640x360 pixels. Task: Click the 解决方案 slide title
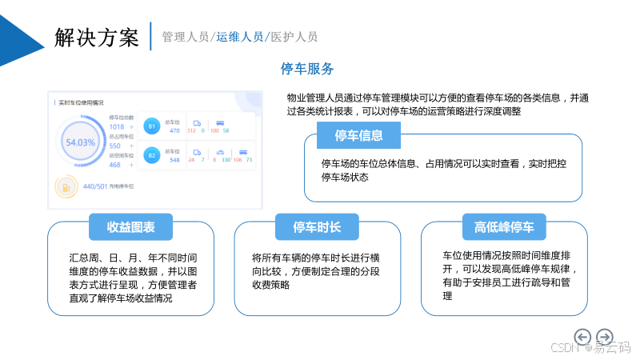(x=97, y=36)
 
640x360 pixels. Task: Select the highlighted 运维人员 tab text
(x=240, y=37)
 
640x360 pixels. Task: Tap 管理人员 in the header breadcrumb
(x=186, y=37)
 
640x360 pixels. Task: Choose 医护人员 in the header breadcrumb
(x=294, y=37)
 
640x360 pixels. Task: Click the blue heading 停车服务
(x=307, y=68)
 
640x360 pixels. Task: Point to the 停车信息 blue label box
(x=358, y=135)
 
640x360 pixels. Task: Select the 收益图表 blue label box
(x=130, y=227)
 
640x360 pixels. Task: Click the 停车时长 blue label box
(x=318, y=227)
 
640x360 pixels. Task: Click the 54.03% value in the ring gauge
(x=80, y=142)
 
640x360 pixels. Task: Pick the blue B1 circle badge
(x=151, y=126)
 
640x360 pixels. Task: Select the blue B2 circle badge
(x=151, y=154)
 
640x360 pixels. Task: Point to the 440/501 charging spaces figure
(x=94, y=186)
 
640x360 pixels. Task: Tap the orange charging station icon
(x=65, y=187)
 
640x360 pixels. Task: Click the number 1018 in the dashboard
(x=116, y=126)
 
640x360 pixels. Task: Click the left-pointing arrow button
(x=583, y=337)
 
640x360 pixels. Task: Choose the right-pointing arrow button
(x=605, y=337)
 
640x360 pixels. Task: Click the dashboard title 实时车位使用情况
(x=81, y=102)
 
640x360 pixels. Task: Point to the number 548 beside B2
(x=174, y=160)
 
